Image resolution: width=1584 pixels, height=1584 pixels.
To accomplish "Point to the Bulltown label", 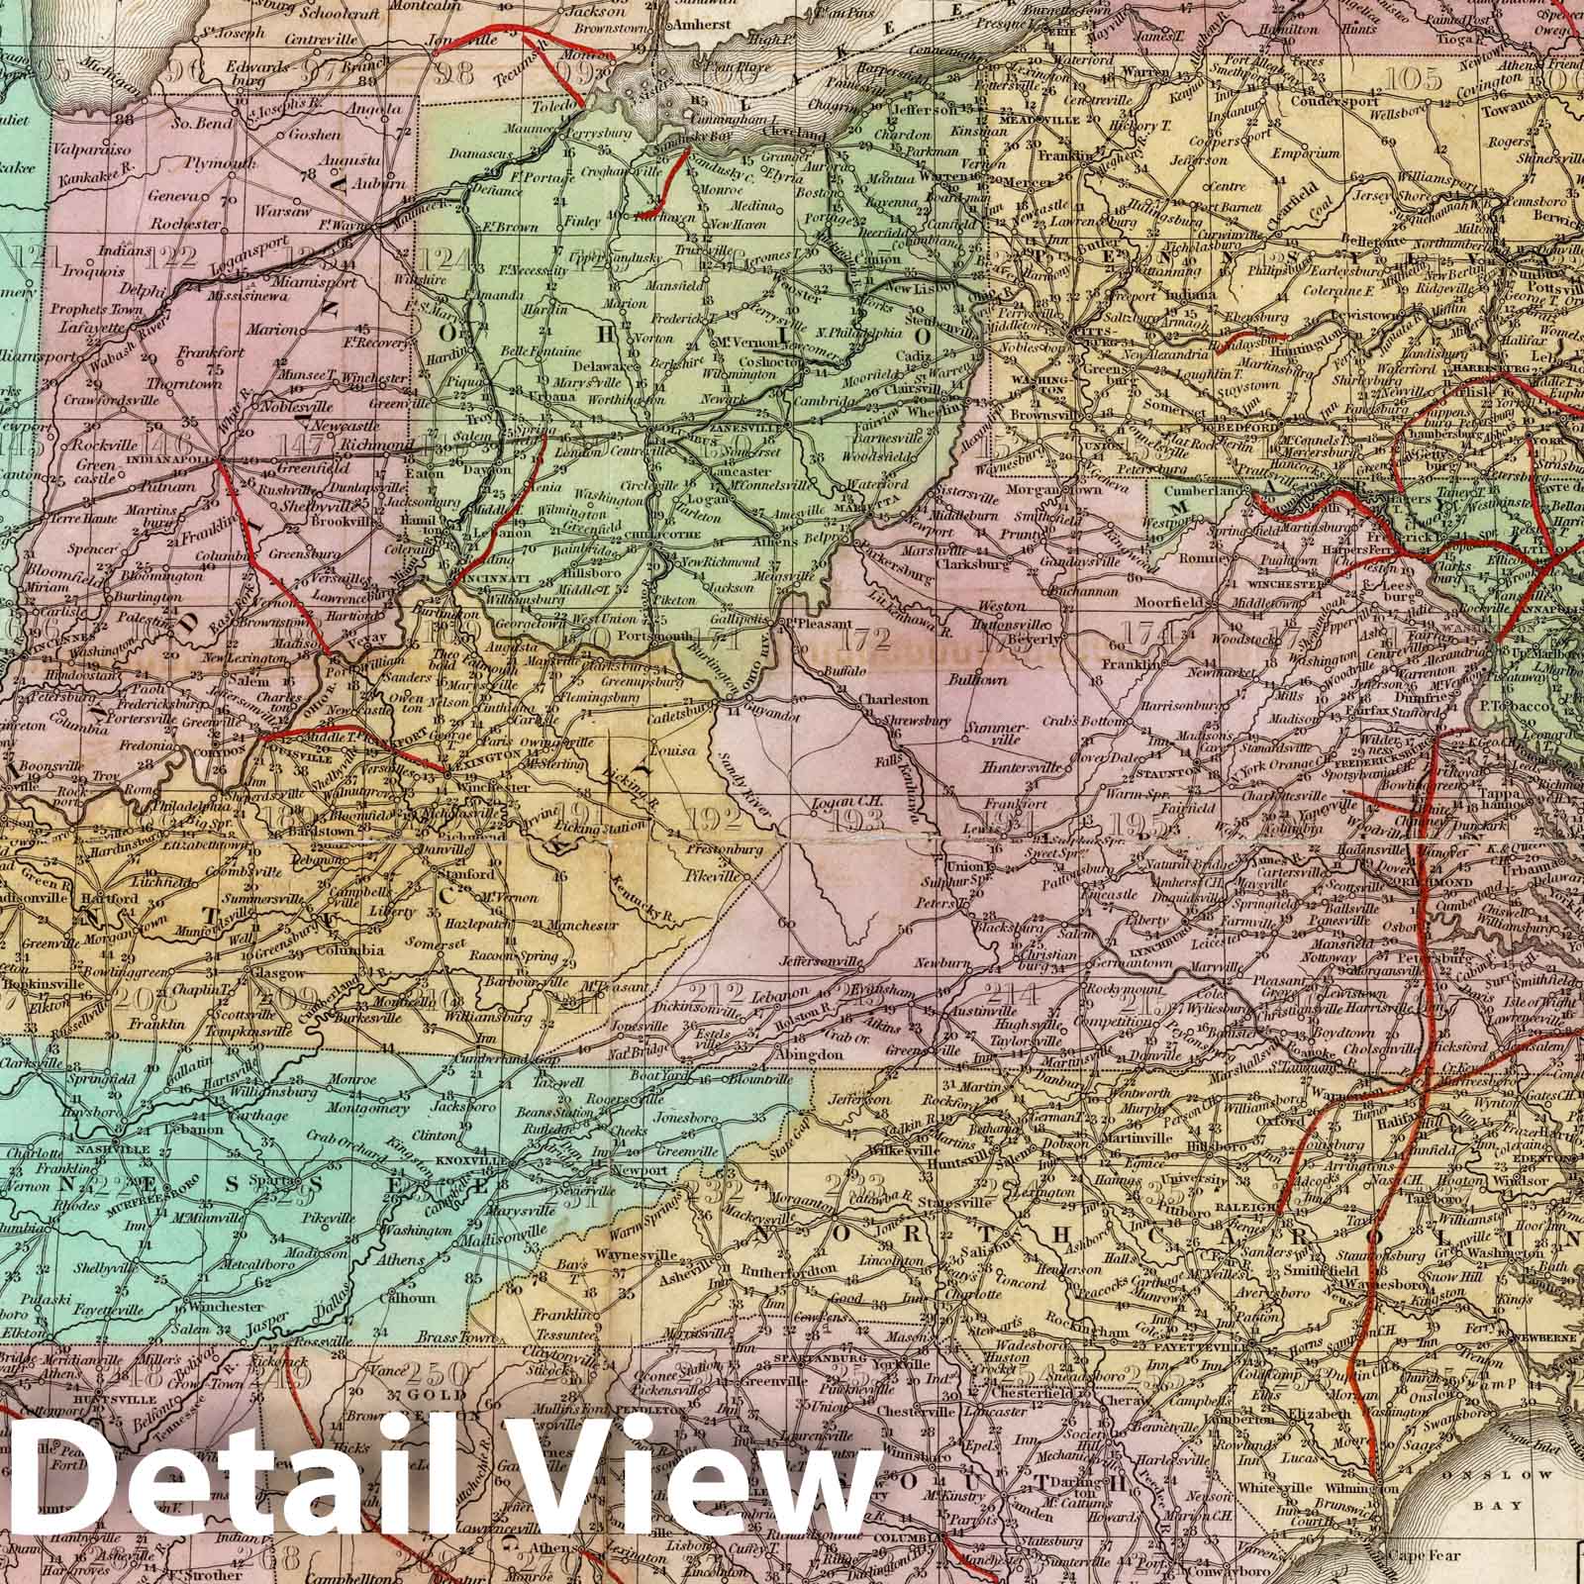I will tap(977, 680).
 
